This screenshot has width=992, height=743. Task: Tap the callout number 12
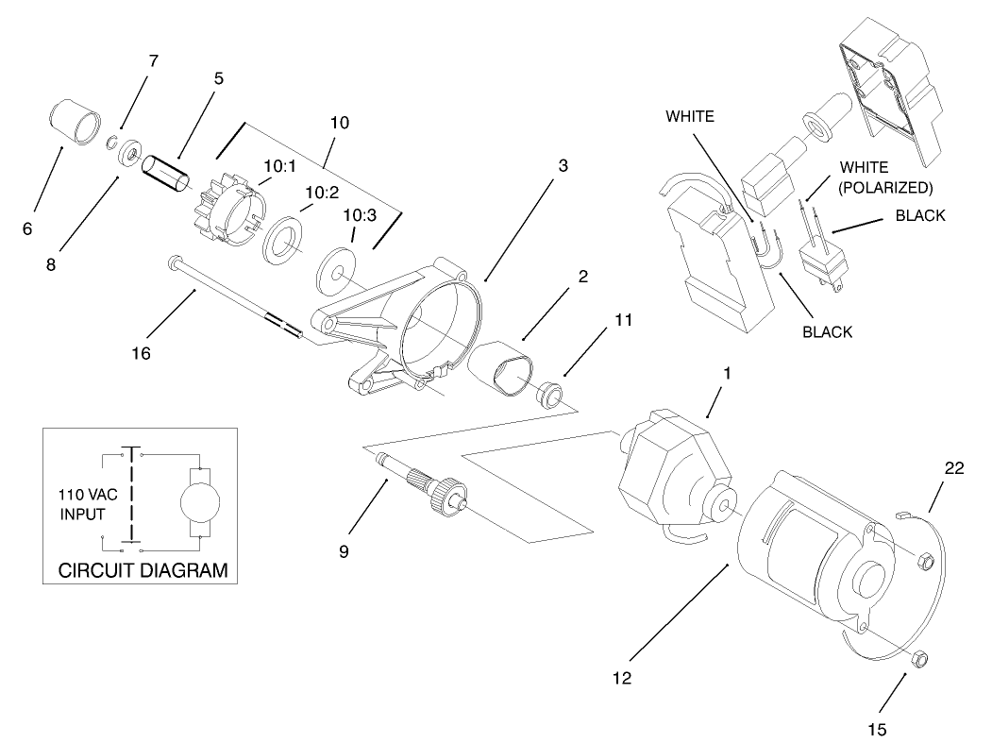pos(622,677)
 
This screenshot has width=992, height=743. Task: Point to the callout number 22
pos(954,469)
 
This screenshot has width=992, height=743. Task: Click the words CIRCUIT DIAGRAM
pos(143,570)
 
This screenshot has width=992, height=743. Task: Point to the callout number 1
pos(726,373)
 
